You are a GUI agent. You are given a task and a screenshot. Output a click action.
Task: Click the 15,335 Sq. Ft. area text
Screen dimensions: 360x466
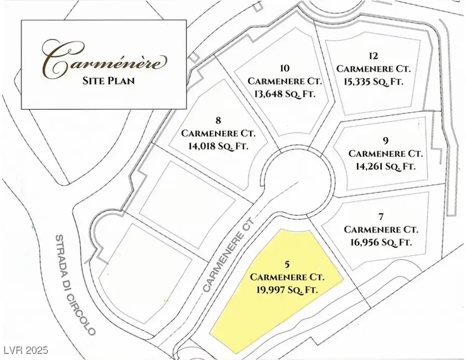point(369,81)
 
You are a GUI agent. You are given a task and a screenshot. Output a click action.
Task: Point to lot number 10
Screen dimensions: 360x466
point(284,68)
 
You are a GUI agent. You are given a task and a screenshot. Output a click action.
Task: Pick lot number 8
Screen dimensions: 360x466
point(218,121)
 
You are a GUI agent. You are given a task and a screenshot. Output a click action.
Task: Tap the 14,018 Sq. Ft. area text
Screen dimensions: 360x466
point(219,146)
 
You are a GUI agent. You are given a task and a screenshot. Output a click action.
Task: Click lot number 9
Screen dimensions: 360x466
point(386,140)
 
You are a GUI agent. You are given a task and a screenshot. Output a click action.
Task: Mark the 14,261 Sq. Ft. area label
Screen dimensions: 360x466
point(386,166)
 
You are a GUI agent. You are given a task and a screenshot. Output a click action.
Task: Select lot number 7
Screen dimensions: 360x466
point(381,215)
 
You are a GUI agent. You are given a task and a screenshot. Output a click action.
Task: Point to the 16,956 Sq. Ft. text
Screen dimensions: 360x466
point(381,242)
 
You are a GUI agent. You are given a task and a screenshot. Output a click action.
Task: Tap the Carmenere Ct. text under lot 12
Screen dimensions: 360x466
point(369,68)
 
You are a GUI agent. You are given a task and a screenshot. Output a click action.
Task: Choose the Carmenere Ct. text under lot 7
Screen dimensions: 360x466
point(381,228)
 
